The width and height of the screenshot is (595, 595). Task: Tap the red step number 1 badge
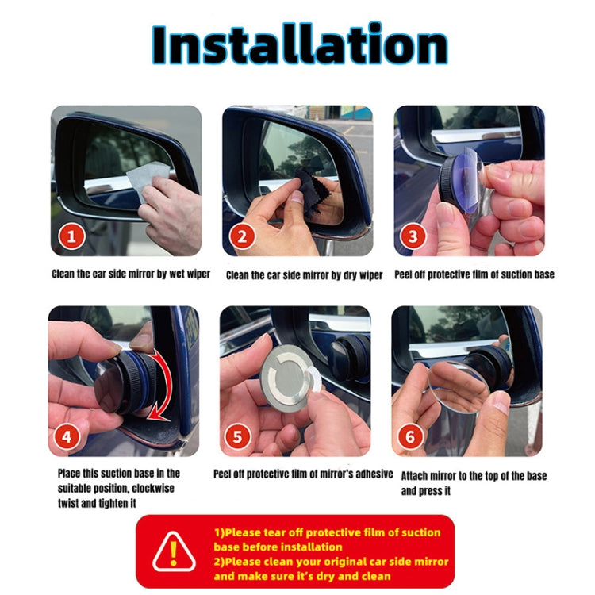[72, 236]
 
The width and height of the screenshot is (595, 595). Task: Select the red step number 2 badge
[244, 236]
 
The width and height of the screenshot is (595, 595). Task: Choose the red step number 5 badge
[240, 436]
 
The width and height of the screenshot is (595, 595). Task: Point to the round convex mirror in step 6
[459, 388]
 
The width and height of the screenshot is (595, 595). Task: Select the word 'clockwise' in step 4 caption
[154, 488]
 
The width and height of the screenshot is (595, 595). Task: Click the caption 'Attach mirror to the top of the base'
[473, 476]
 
